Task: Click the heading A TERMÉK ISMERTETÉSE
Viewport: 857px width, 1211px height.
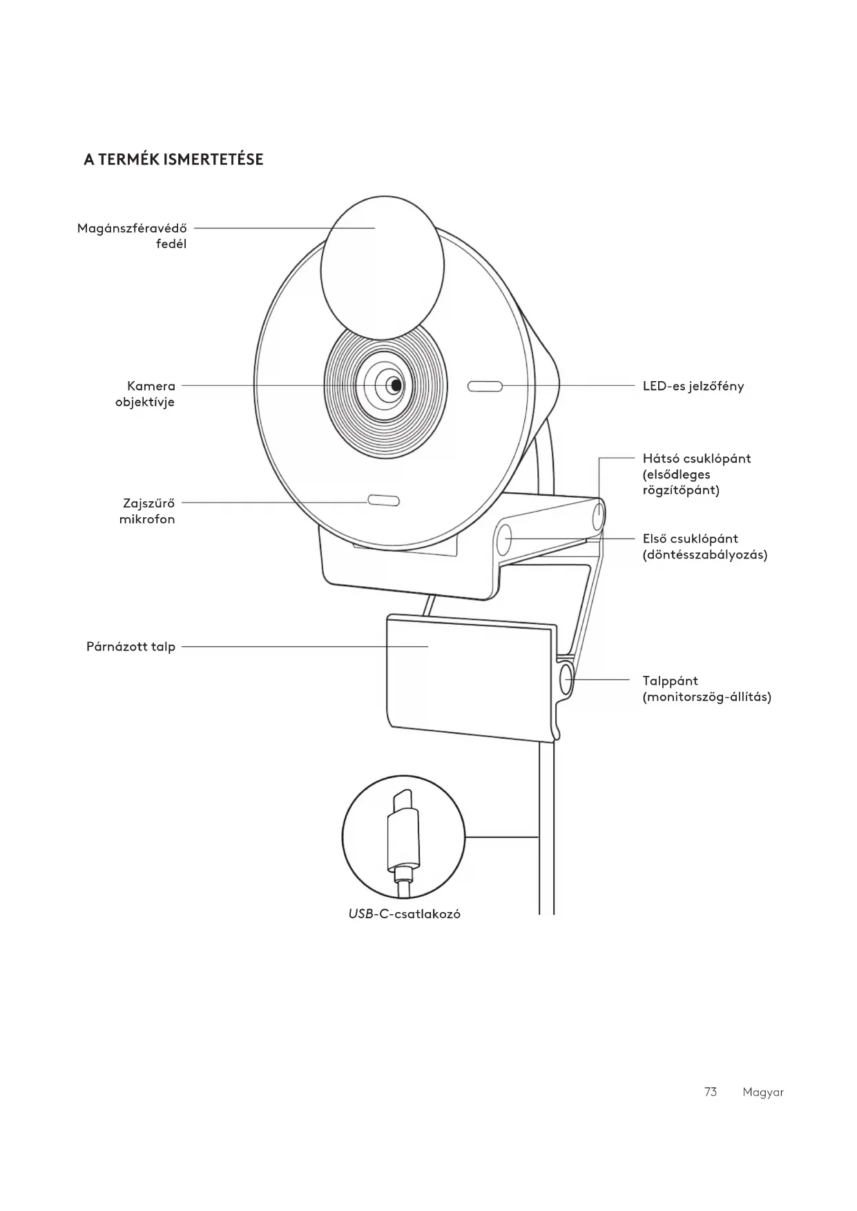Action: click(x=173, y=159)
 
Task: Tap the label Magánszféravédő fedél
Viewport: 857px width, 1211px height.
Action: click(x=133, y=235)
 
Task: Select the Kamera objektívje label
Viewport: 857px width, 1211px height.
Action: click(x=145, y=394)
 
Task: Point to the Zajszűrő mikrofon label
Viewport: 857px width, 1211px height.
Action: click(x=147, y=511)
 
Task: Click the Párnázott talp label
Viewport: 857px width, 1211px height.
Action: click(x=131, y=647)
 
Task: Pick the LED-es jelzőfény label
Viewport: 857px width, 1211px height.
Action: click(x=693, y=386)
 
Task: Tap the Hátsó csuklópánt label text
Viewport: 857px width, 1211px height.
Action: click(x=696, y=474)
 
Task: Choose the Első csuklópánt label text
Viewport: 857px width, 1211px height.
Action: click(x=704, y=546)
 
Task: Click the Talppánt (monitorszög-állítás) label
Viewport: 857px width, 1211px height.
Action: click(x=706, y=688)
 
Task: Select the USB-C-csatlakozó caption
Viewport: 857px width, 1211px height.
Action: click(x=404, y=914)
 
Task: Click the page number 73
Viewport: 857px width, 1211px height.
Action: click(x=711, y=1092)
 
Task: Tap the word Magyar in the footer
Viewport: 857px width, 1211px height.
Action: click(x=763, y=1092)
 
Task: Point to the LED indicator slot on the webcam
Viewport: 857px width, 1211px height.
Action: click(x=485, y=386)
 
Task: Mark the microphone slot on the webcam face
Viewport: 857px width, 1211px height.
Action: click(x=383, y=500)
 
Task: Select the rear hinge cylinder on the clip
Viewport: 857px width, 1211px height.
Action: click(x=598, y=514)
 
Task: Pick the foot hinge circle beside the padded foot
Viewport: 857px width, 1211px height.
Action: click(x=566, y=679)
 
